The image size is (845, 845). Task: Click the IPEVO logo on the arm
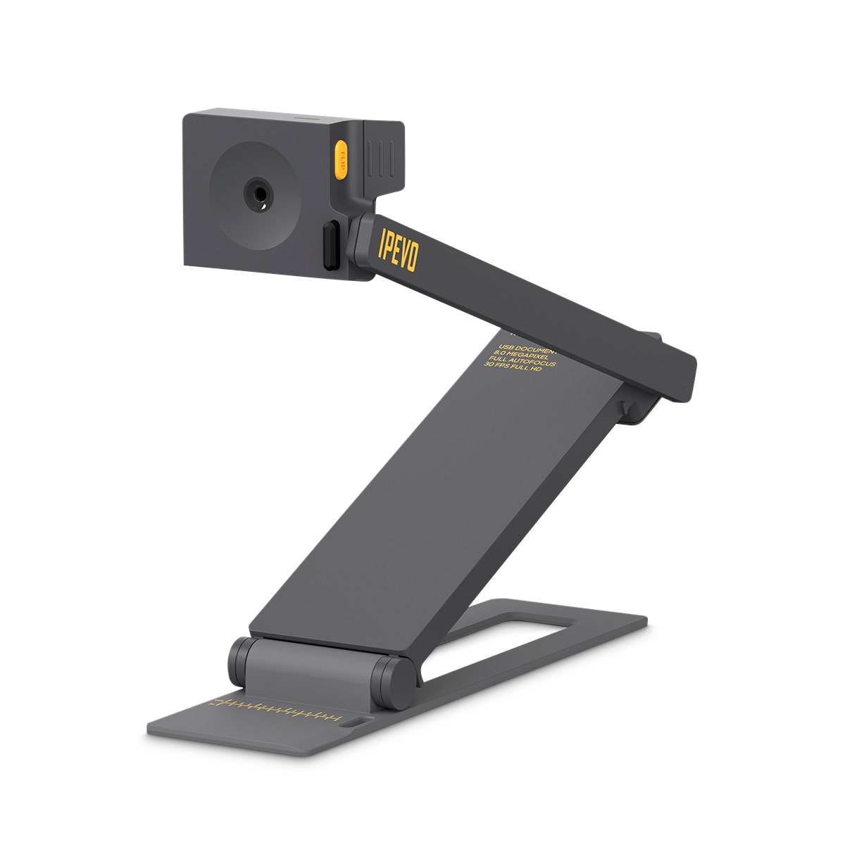coord(399,248)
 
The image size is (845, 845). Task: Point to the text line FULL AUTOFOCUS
coord(522,363)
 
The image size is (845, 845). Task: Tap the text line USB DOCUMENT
coord(527,348)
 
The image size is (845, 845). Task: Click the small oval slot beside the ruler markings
coord(350,722)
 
